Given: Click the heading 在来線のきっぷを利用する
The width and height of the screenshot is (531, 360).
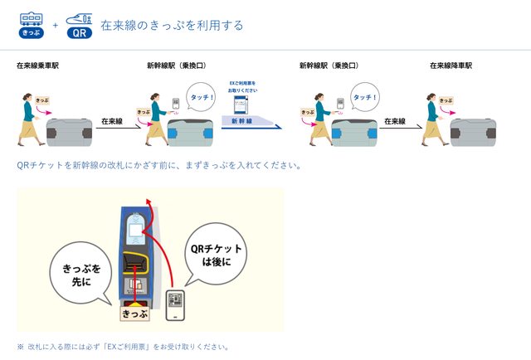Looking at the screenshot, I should coord(172,25).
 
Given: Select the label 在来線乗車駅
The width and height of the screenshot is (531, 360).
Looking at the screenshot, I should coord(38,65).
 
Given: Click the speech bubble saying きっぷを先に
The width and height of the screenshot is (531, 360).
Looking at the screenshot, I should coord(81,275).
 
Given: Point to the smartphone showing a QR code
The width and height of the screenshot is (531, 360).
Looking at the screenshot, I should coord(175,304).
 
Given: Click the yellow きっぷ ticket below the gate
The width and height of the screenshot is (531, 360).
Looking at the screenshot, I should coord(134,314).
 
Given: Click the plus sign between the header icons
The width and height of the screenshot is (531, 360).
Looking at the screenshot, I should coord(55,25).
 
